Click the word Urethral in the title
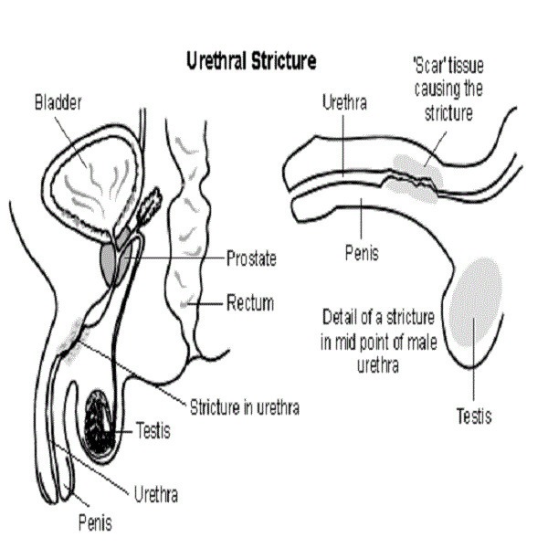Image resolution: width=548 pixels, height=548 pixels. [216, 61]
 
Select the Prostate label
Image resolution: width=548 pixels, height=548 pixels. [251, 258]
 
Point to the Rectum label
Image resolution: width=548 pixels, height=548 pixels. [250, 302]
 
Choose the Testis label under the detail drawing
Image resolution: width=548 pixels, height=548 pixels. [474, 417]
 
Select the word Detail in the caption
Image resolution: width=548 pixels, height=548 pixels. [342, 318]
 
